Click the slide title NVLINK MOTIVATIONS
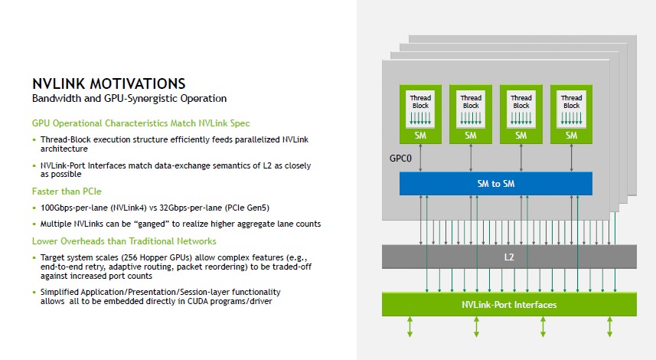(108, 83)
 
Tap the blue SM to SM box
(496, 183)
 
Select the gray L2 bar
(509, 257)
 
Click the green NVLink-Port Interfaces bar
(509, 305)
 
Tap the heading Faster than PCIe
(67, 191)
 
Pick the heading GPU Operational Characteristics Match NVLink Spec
(141, 123)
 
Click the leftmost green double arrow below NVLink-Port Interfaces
(410, 327)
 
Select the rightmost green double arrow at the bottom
(610, 327)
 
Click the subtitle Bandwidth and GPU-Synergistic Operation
(129, 99)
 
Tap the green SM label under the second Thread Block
(471, 135)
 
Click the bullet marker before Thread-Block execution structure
(34, 139)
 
